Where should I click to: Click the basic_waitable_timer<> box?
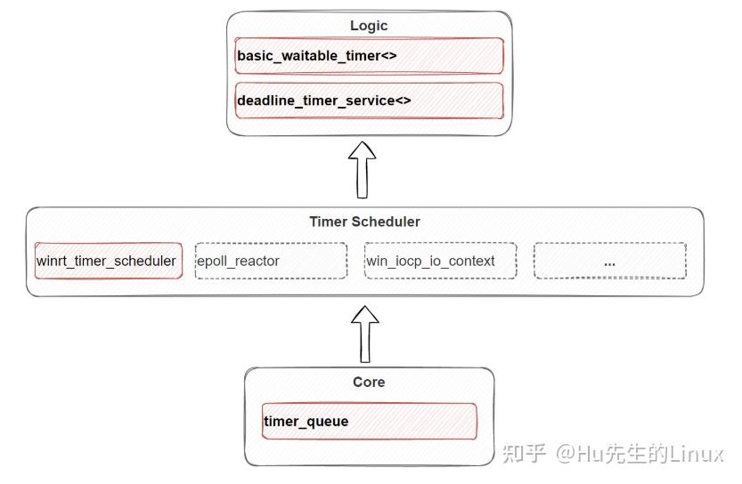tap(369, 56)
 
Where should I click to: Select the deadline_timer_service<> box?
tap(369, 101)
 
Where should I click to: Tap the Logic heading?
tap(369, 26)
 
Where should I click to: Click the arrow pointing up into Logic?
tap(362, 171)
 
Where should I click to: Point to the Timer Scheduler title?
tap(364, 222)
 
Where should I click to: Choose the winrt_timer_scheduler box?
tap(108, 261)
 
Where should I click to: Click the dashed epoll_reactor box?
tap(271, 261)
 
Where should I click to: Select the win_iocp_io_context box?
tap(440, 261)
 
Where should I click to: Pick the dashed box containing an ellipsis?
tap(609, 261)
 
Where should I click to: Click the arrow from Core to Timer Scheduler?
tap(364, 334)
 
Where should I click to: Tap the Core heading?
tap(369, 382)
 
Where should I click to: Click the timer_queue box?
tap(369, 421)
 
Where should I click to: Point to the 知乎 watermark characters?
tap(524, 454)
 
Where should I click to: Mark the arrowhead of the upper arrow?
tap(362, 150)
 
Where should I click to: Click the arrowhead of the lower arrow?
tap(364, 314)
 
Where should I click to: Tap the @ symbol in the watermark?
tap(567, 454)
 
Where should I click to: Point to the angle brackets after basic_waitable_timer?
tap(387, 56)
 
